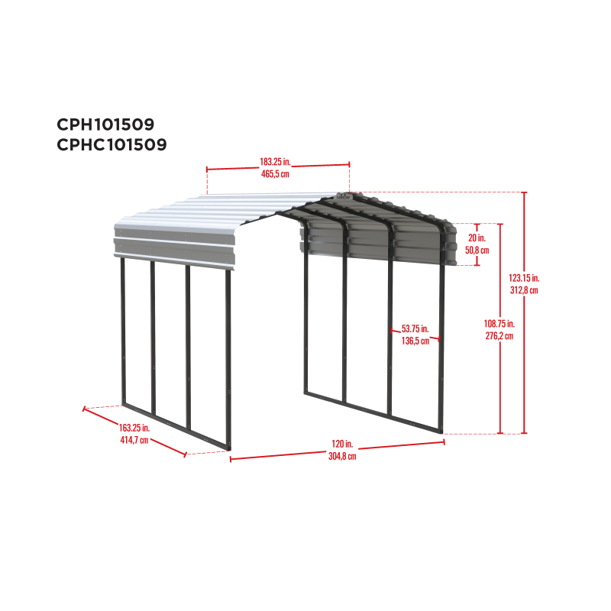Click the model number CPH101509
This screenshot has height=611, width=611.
105,124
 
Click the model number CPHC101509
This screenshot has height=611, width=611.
112,144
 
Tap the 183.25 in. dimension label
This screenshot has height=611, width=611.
276,162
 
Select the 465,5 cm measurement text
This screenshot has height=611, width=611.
275,174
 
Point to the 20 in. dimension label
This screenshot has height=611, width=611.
477,238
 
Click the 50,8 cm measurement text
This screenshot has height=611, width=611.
477,250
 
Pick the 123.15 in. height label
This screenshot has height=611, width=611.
524,278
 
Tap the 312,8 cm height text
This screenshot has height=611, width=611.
524,290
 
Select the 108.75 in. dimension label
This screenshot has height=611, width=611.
499,323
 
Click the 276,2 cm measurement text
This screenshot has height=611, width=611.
499,335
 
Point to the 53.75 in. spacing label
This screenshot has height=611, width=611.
415,329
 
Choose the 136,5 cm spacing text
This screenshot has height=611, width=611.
415,341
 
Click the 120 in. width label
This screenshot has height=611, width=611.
342,444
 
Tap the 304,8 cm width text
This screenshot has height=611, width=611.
342,456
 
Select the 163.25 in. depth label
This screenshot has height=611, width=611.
134,428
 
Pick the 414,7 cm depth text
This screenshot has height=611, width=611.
134,441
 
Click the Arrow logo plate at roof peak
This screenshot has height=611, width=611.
344,196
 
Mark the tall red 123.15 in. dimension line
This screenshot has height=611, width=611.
525,312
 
